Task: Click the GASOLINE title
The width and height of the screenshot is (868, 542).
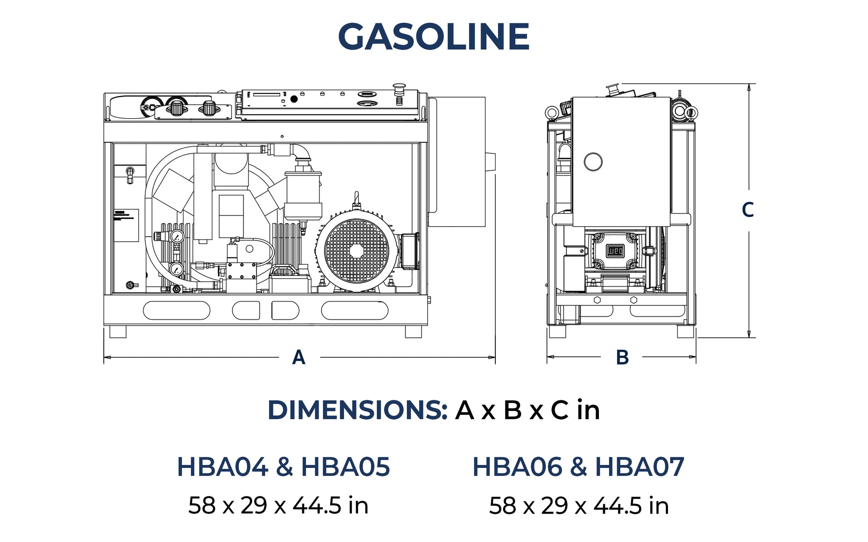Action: coord(434,36)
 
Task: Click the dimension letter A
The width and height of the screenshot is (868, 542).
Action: coord(299,357)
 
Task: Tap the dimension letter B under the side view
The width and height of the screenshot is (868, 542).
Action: coord(622,357)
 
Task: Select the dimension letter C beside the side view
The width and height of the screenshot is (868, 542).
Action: coord(748,210)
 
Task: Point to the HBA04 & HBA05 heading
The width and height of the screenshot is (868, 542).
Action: coord(283,467)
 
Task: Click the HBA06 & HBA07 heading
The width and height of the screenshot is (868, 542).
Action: coord(578,467)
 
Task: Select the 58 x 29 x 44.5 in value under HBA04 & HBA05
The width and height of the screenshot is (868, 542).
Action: coord(278,506)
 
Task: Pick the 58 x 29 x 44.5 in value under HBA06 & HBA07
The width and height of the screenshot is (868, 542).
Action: coord(579,506)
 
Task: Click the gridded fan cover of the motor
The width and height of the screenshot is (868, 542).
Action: coord(356,251)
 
